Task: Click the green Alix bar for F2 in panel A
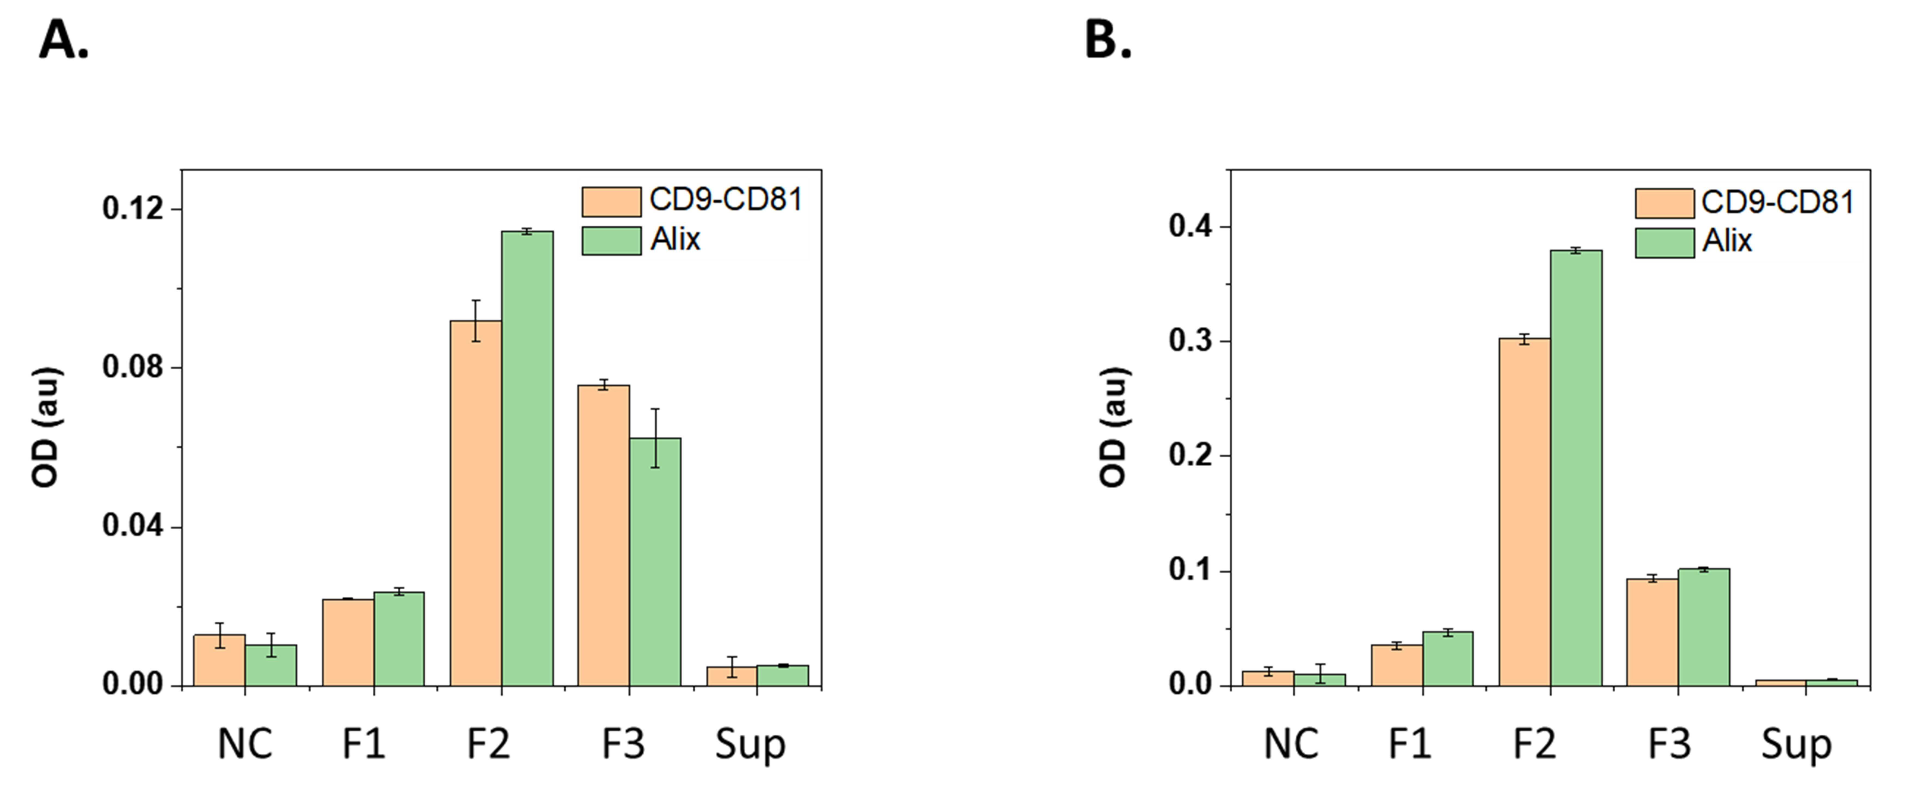(x=527, y=458)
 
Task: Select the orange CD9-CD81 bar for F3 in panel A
(x=604, y=535)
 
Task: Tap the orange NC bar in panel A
(x=219, y=660)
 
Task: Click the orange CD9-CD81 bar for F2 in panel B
(x=1524, y=512)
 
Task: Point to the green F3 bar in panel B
(x=1704, y=627)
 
